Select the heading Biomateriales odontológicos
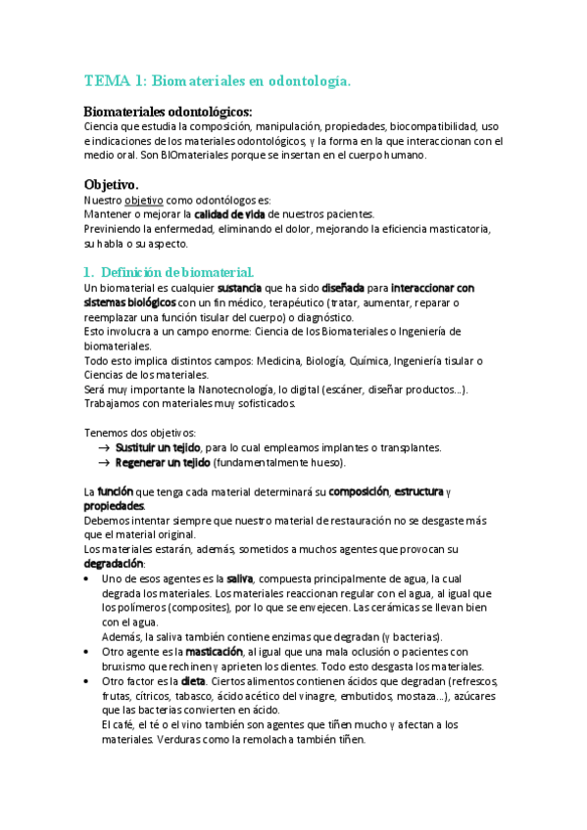(168, 112)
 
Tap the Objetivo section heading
(111, 184)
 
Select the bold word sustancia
(238, 289)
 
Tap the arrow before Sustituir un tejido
(103, 448)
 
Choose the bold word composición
(359, 491)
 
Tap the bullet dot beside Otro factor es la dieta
(89, 681)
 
